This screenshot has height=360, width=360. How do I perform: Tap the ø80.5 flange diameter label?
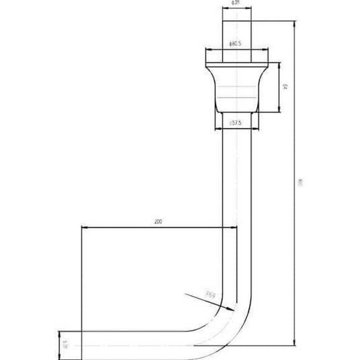[x=236, y=44]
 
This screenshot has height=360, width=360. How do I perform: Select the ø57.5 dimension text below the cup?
[x=236, y=123]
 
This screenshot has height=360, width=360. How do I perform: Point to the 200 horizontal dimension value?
[x=157, y=221]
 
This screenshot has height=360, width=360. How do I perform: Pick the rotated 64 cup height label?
[x=285, y=87]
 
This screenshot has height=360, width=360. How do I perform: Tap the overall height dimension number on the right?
[x=300, y=182]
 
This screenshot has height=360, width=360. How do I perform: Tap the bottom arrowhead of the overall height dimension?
[x=294, y=344]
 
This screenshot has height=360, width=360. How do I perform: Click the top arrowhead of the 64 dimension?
[x=279, y=65]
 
